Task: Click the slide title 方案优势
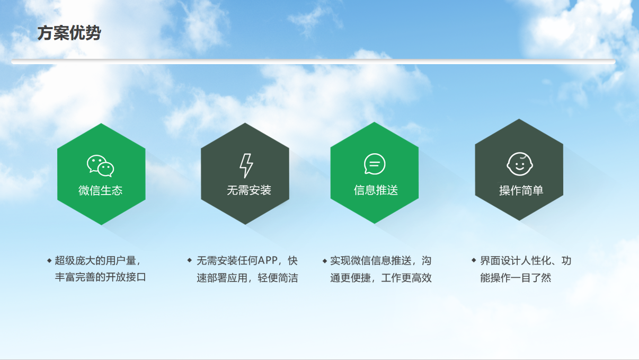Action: coord(69,33)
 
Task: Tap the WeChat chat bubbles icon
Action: coord(101,166)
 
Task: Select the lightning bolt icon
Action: coord(246,166)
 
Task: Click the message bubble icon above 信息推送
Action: coord(375,164)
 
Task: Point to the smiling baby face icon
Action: coord(520,164)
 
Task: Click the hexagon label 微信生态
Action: coord(101,190)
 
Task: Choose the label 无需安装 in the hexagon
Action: coord(248,190)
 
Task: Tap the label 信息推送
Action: coord(376,190)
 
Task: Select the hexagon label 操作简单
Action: coord(521,190)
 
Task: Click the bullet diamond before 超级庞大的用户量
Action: coord(49,260)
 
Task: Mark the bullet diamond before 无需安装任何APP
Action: coord(189,260)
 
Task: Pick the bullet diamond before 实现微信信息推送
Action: coord(325,261)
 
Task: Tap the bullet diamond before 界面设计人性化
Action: coord(474,260)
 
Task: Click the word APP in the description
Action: coord(268,260)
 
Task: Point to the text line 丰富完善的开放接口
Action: coord(101,277)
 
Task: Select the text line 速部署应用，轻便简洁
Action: coord(247,278)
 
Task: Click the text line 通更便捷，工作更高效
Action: coord(381,278)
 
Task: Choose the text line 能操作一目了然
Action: coord(516,278)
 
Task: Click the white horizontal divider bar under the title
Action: coord(313,62)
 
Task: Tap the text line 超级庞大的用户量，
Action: coord(98,261)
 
